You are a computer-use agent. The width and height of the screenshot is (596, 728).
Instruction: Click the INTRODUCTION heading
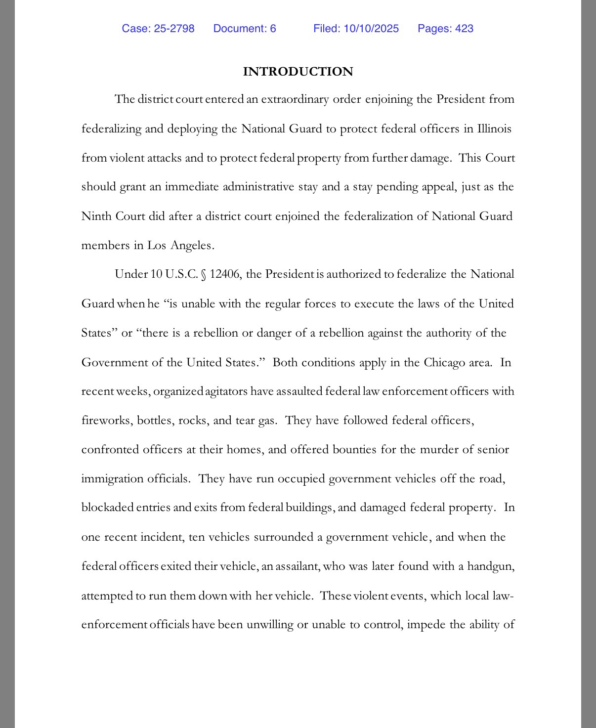(x=298, y=72)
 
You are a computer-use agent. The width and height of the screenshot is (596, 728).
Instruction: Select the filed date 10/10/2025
(x=371, y=29)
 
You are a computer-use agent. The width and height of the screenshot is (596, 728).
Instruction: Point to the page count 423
(x=464, y=29)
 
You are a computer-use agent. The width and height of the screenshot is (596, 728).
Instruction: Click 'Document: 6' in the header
(x=245, y=29)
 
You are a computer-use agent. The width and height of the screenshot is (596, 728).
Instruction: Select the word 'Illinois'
(x=494, y=128)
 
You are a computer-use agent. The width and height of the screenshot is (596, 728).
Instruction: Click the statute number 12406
(x=225, y=274)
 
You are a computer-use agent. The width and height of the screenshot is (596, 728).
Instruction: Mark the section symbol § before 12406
(x=203, y=275)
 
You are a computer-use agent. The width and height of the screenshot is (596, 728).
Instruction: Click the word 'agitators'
(x=226, y=391)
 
